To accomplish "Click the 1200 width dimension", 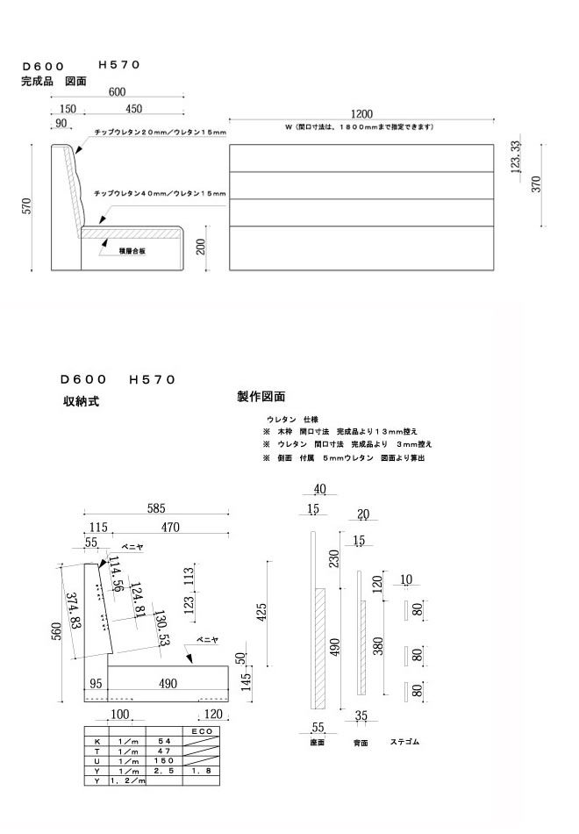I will pyautogui.click(x=361, y=114).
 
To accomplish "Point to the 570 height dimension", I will pyautogui.click(x=27, y=207).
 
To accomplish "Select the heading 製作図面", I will pyautogui.click(x=261, y=397).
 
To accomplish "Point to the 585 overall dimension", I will pyautogui.click(x=157, y=508).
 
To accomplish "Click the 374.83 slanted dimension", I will pyautogui.click(x=74, y=612).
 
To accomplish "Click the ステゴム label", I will pyautogui.click(x=404, y=742).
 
